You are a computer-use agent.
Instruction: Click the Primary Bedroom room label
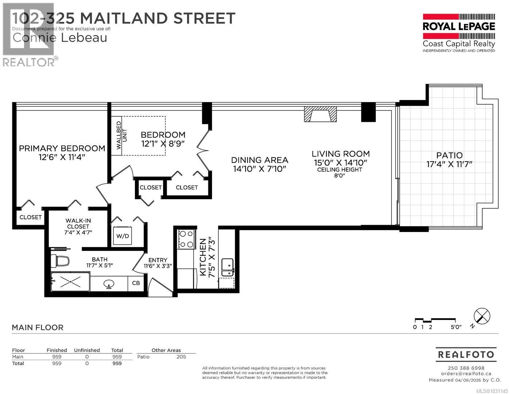click(x=62, y=148)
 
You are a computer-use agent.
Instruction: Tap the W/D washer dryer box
click(x=123, y=236)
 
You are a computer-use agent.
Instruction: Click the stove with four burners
click(x=186, y=239)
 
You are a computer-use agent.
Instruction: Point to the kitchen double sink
click(x=228, y=267)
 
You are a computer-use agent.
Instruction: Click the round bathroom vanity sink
click(x=108, y=284)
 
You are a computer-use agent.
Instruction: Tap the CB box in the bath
click(x=136, y=283)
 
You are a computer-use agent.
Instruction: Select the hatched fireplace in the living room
click(x=321, y=114)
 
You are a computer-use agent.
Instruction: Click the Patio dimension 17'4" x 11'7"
click(x=449, y=164)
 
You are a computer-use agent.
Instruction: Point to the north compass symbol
click(x=482, y=316)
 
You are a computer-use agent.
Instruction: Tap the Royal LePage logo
click(x=459, y=33)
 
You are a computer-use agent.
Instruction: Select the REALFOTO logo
click(x=466, y=354)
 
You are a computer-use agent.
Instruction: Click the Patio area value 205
click(x=181, y=357)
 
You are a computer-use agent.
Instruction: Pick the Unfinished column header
click(x=87, y=350)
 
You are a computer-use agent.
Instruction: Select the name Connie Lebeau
click(x=60, y=37)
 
